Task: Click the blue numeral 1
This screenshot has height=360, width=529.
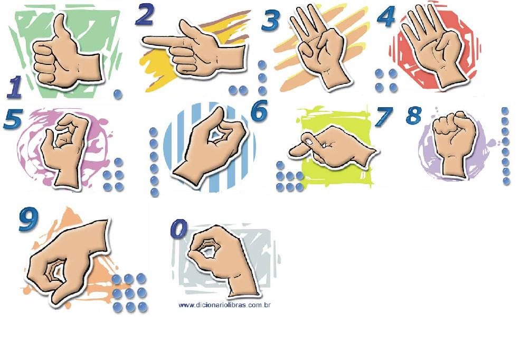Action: tap(14, 87)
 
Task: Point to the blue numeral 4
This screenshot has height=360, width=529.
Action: tap(386, 16)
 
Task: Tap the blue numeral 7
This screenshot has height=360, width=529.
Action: tap(384, 117)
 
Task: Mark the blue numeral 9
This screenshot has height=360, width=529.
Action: tap(29, 219)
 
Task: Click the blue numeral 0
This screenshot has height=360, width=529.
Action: tap(179, 229)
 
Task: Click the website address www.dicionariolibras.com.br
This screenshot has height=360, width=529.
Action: tap(224, 305)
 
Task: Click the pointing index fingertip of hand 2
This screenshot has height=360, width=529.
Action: tap(146, 41)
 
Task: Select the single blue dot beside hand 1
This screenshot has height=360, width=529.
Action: tap(118, 94)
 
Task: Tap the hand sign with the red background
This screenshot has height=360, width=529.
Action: tap(435, 47)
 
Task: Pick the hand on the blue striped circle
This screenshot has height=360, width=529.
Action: tap(209, 146)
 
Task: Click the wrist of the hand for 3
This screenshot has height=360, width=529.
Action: tap(334, 78)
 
